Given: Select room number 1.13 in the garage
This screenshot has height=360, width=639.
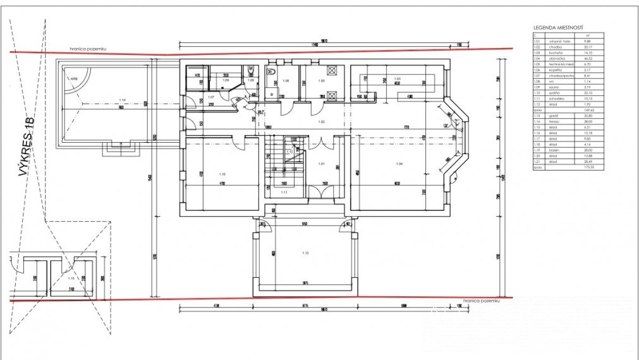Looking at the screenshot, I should pyautogui.click(x=305, y=253).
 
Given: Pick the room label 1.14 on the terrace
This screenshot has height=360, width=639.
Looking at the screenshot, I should pyautogui.click(x=122, y=100).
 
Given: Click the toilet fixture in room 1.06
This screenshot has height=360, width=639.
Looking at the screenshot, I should pyautogui.click(x=273, y=74).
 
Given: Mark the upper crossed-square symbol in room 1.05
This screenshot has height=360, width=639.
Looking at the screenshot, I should pyautogui.click(x=332, y=70).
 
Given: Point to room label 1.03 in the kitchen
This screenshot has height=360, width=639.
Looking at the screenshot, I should pyautogui.click(x=398, y=78).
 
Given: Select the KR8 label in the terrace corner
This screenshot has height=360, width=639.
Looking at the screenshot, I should pyautogui.click(x=74, y=79).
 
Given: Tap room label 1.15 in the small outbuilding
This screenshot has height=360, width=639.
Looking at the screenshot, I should pyautogui.click(x=71, y=277).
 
